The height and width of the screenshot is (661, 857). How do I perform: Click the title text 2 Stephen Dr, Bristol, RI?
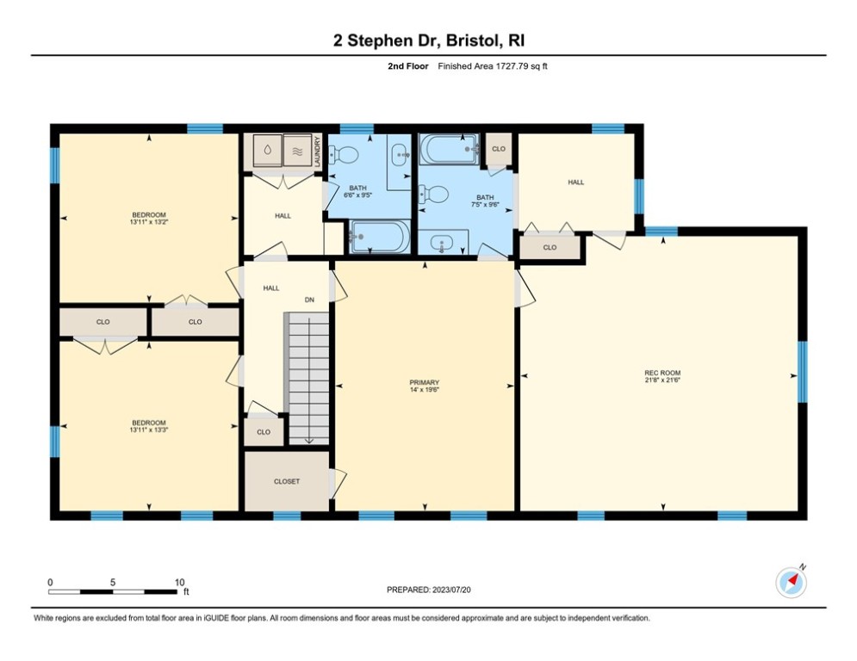[428, 40]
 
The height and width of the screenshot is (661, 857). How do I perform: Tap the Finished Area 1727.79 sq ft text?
[493, 66]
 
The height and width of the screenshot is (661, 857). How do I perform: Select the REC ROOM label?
[662, 373]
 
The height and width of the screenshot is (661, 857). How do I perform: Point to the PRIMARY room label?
[425, 382]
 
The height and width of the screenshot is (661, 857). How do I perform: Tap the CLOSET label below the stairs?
[287, 481]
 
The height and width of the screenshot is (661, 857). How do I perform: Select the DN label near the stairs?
[308, 300]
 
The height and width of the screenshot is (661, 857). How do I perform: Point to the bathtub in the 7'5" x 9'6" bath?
[450, 149]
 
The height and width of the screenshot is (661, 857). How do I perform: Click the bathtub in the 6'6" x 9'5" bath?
[380, 237]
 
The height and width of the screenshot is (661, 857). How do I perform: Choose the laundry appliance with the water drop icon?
[267, 150]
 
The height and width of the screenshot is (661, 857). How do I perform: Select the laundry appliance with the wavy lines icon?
[297, 150]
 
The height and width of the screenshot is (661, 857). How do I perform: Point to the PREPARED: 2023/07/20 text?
[428, 590]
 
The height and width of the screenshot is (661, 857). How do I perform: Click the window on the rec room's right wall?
[802, 372]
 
